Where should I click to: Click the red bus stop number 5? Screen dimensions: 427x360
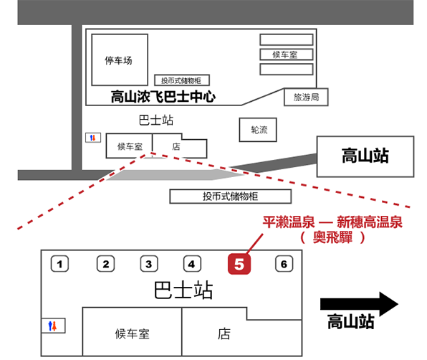tap(239, 263)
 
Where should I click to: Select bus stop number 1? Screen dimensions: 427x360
tap(59, 263)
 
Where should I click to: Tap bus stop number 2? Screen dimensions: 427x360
tap(105, 263)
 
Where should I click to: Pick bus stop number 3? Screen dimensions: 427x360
tap(149, 263)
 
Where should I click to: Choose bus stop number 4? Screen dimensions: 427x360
tap(192, 263)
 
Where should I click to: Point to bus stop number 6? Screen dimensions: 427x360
tap(284, 263)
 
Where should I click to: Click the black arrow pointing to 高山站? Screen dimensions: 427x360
tap(359, 304)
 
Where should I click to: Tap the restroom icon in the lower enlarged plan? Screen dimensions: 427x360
tap(53, 326)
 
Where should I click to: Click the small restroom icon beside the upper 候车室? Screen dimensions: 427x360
tap(93, 138)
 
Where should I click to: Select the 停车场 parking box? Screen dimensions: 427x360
tap(120, 60)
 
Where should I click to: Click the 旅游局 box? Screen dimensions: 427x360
tap(306, 97)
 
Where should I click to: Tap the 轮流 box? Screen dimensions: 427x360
tap(258, 130)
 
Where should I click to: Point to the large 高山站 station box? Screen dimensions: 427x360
tap(365, 156)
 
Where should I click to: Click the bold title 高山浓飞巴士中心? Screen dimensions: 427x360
tap(163, 97)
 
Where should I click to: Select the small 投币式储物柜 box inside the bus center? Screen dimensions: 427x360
tap(182, 80)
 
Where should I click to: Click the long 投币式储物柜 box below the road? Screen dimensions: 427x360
tap(231, 196)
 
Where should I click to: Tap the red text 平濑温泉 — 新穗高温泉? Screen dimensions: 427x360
tap(332, 222)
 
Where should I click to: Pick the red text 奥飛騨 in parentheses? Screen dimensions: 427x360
tap(332, 237)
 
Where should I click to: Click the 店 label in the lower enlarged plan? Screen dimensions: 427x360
tap(224, 334)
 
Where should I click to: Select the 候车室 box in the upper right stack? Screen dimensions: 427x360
tap(287, 55)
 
